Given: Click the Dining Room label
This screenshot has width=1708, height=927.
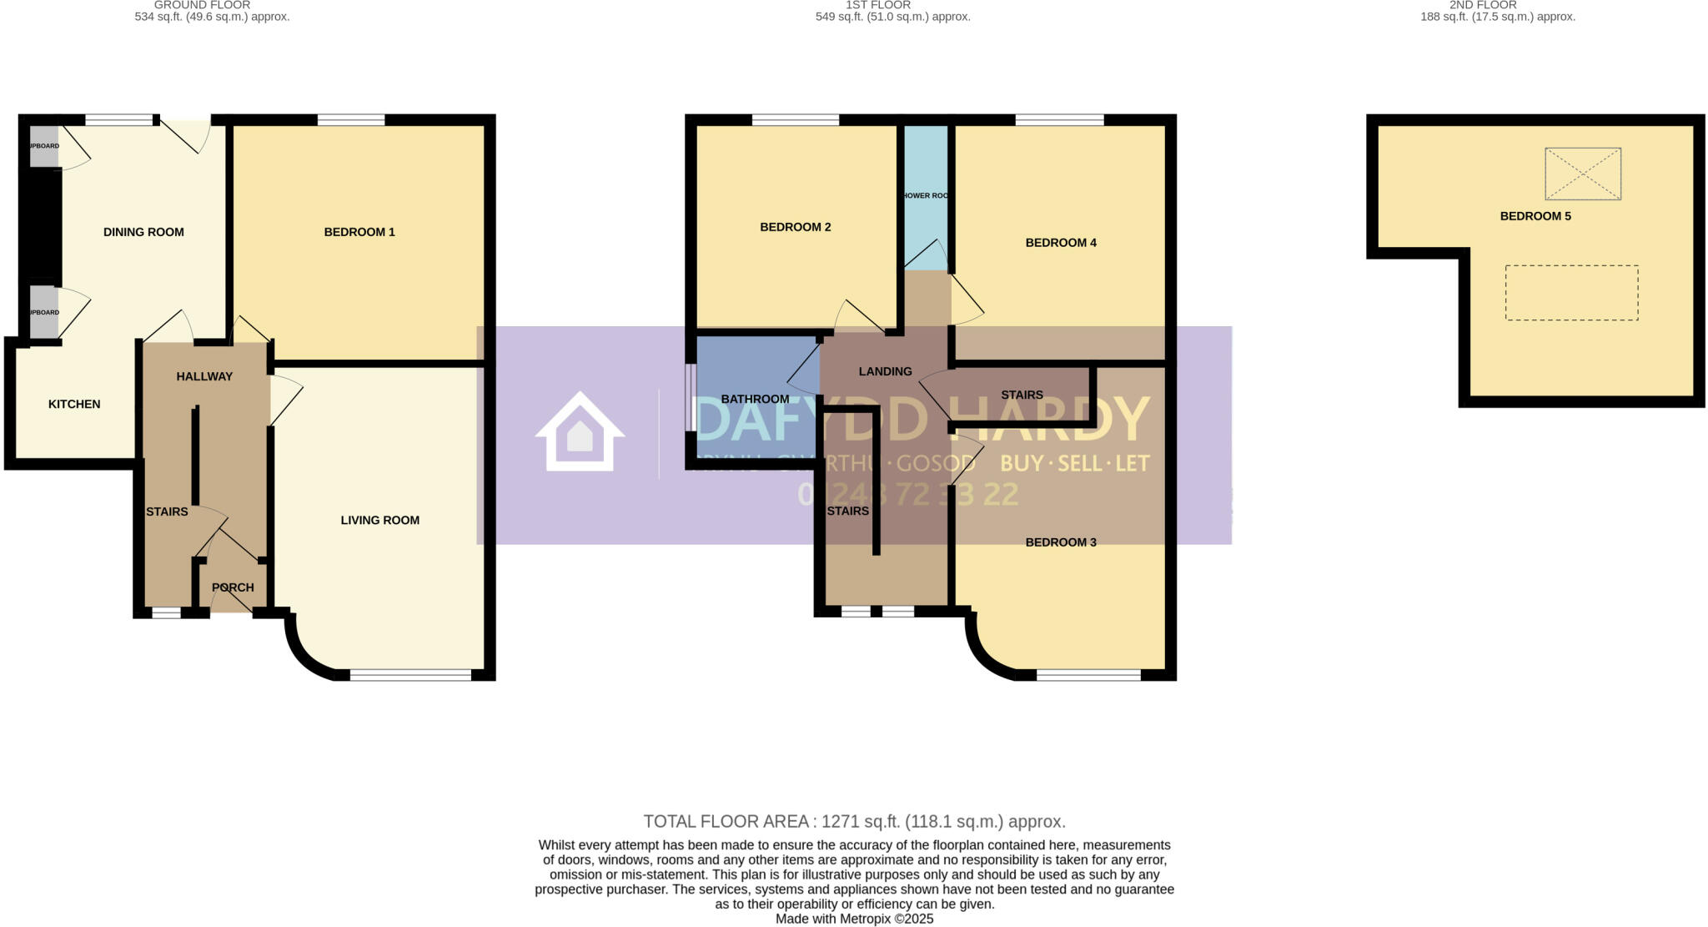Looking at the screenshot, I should tap(143, 232).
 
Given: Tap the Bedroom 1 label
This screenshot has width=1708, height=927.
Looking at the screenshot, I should tap(359, 232).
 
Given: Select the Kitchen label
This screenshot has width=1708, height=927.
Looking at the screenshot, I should tap(74, 404).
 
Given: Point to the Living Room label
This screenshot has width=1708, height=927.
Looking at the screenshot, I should tap(379, 520).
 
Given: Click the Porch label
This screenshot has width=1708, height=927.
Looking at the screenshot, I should tap(233, 587).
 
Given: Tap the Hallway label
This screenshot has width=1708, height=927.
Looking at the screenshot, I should tap(204, 376).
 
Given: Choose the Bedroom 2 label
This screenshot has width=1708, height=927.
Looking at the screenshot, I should tap(795, 227).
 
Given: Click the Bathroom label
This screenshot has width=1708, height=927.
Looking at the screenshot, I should tap(755, 399).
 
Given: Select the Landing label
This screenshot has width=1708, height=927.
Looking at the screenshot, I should tap(885, 371).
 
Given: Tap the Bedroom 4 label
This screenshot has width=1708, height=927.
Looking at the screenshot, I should tap(1060, 243).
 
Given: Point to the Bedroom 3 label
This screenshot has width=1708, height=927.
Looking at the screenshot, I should tap(1060, 542).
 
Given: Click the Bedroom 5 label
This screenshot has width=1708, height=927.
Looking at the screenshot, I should tap(1535, 216).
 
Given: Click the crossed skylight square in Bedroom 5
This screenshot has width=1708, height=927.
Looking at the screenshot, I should tap(1582, 174).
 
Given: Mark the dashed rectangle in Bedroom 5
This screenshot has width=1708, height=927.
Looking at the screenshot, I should tap(1571, 293).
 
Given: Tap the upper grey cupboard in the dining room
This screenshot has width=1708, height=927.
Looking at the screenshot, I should tap(44, 147).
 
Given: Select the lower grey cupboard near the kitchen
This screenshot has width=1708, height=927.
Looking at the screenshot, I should tap(44, 313).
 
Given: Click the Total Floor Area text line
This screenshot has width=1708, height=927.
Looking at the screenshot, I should tap(854, 821).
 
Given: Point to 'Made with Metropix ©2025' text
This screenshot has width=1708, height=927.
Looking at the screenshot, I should tap(854, 919).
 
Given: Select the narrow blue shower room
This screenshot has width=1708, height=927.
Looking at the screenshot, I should tap(926, 196).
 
